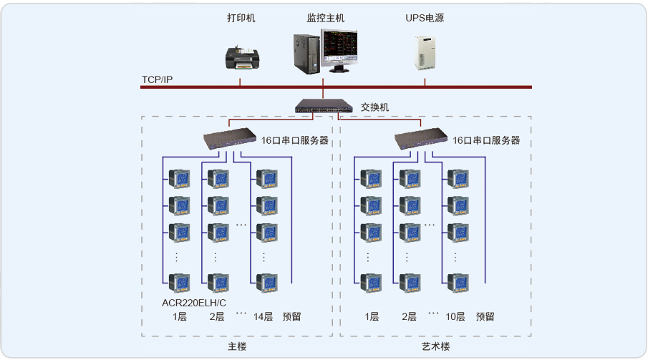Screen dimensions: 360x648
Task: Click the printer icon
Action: [x=241, y=57]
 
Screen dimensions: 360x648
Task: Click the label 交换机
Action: [x=374, y=107]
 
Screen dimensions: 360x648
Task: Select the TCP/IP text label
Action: [x=157, y=79]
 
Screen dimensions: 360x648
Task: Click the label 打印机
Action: [x=241, y=18]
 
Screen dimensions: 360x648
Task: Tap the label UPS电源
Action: [x=425, y=18]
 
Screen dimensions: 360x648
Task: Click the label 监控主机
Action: [x=326, y=18]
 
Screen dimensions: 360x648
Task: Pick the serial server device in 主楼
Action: [x=229, y=138]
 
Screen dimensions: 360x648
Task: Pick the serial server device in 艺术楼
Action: [x=421, y=138]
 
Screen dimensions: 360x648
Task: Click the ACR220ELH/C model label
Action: [x=194, y=302]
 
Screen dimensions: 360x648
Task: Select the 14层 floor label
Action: [x=263, y=316]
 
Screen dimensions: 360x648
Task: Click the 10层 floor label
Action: [x=455, y=316]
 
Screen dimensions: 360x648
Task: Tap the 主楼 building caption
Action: [x=237, y=346]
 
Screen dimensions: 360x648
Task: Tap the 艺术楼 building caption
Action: [x=435, y=346]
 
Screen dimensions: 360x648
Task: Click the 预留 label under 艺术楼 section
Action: [x=485, y=316]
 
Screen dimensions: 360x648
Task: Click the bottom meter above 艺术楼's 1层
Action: [x=371, y=282]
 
